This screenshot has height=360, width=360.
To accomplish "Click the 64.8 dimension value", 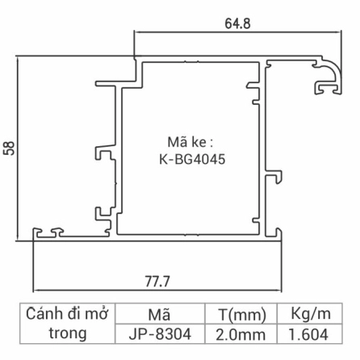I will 237,23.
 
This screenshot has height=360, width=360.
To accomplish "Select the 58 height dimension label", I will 10,149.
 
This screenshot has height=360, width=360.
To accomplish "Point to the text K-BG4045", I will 192,159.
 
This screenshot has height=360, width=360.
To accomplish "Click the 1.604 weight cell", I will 309,333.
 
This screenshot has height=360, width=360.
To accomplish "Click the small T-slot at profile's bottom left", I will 54,233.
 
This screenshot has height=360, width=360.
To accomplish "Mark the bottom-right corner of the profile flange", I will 283,239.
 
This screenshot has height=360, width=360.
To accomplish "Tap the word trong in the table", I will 68,333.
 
